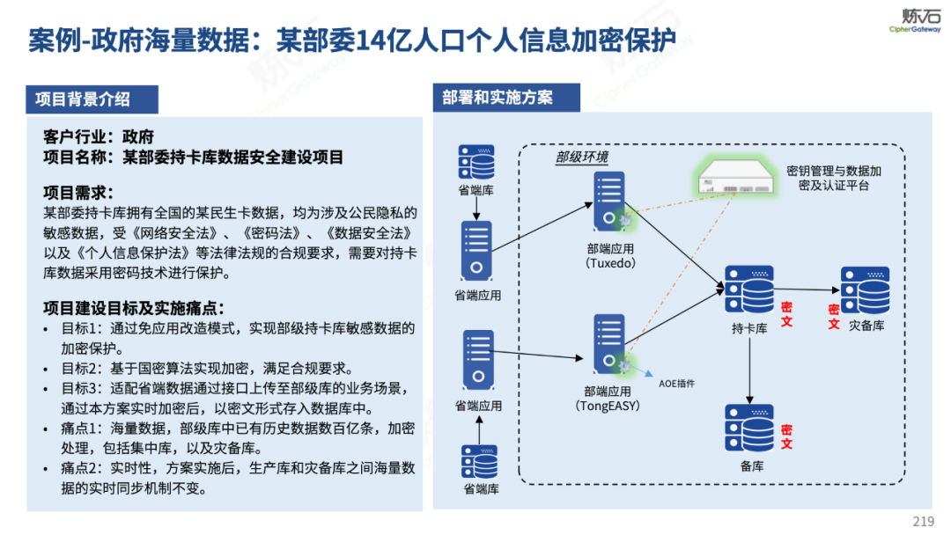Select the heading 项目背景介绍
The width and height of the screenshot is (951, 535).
tap(83, 99)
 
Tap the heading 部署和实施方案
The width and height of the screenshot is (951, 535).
tap(498, 98)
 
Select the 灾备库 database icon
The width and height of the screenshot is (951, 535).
tap(865, 290)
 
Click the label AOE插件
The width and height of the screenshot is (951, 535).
tap(677, 384)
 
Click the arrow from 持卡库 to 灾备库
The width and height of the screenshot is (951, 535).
tap(805, 289)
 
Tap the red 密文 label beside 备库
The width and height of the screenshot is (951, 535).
tap(786, 436)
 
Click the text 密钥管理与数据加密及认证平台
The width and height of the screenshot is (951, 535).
tap(833, 178)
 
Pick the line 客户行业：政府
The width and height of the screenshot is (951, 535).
tap(99, 137)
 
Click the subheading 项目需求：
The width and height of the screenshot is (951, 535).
tap(79, 192)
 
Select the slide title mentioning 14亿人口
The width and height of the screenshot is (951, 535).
tap(351, 40)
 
